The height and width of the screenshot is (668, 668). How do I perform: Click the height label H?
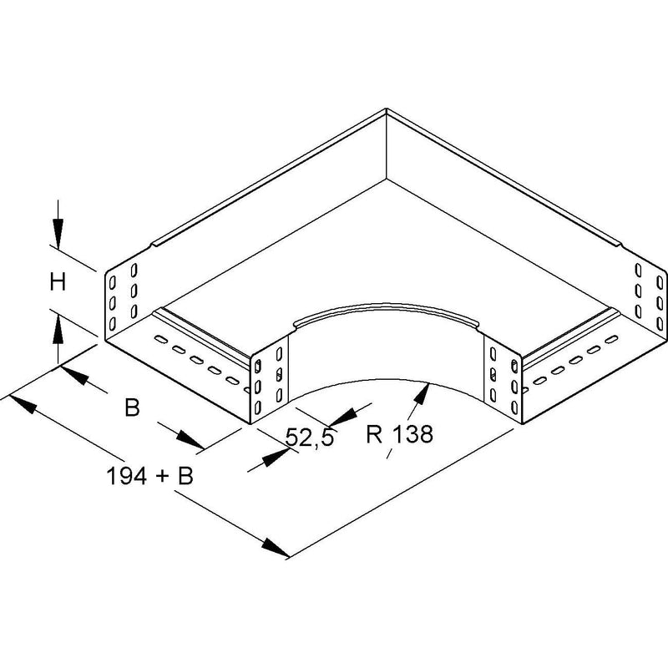pyautogui.click(x=58, y=282)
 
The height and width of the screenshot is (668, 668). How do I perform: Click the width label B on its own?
pyautogui.click(x=132, y=407)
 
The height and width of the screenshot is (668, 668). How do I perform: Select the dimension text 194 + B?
pyautogui.click(x=149, y=476)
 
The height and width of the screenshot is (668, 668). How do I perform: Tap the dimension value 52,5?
pyautogui.click(x=309, y=437)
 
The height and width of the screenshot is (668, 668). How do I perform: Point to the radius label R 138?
pyautogui.click(x=399, y=434)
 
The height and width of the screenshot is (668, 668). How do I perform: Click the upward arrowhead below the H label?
pyautogui.click(x=58, y=328)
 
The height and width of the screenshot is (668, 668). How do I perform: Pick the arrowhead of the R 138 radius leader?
pyautogui.click(x=422, y=394)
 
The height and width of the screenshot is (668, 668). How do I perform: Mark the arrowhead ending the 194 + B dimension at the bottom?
pyautogui.click(x=276, y=548)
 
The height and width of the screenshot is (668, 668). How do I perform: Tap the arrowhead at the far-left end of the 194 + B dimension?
pyautogui.click(x=23, y=404)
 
